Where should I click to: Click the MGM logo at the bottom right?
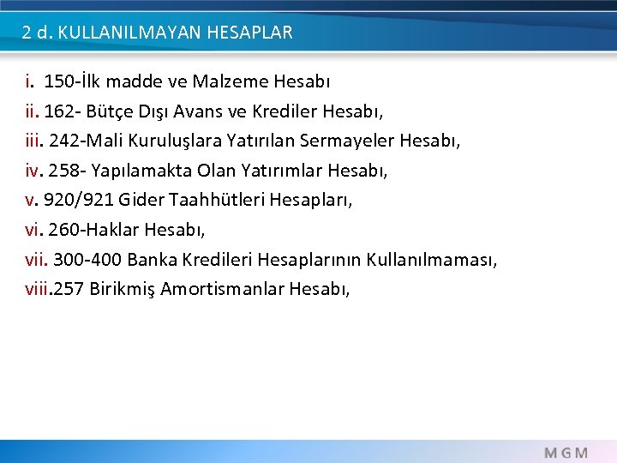click(x=566, y=452)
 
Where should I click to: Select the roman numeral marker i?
click(x=29, y=82)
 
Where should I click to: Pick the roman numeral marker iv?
click(x=33, y=171)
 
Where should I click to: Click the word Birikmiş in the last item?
click(x=124, y=288)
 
